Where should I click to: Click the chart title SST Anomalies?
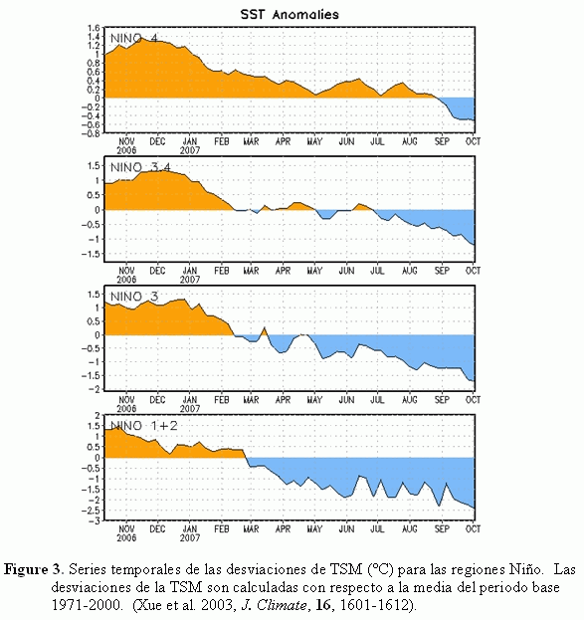click(x=290, y=15)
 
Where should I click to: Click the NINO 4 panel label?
click(x=133, y=39)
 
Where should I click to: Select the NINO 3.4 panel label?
click(x=140, y=167)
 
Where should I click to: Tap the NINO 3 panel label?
click(x=134, y=297)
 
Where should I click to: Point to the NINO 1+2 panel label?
click(x=144, y=426)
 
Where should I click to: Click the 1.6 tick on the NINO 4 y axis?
click(x=95, y=28)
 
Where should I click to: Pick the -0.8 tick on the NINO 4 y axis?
click(x=92, y=133)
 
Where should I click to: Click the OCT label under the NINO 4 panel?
click(x=473, y=141)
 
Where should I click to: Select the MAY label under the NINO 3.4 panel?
click(x=314, y=271)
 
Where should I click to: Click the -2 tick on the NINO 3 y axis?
click(x=95, y=389)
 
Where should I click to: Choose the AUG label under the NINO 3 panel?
click(x=410, y=400)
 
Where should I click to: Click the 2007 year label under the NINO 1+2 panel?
click(x=190, y=537)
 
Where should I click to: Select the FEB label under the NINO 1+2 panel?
click(x=222, y=529)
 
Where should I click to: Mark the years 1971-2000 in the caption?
click(x=85, y=605)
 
